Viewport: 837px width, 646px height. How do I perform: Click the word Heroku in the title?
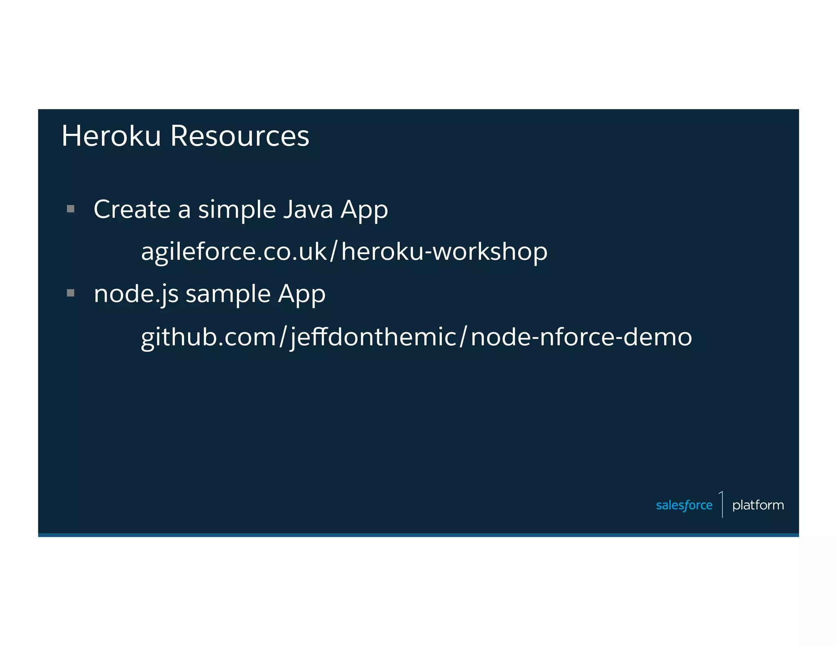111,136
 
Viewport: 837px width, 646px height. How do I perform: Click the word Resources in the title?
239,136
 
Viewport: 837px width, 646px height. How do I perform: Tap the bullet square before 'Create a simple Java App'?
71,209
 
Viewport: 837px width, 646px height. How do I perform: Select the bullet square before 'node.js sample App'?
71,293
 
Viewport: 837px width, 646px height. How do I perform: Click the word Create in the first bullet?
132,209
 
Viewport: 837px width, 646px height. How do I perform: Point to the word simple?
237,210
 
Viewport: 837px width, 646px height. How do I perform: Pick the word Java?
308,209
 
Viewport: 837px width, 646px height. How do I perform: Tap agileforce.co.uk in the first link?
234,252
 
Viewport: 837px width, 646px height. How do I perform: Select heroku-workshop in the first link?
444,252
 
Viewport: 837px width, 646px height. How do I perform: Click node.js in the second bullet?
136,294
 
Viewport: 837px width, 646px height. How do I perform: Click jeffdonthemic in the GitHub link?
373,338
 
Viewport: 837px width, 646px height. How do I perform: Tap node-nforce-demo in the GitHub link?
581,337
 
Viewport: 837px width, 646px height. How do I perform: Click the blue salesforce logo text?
684,506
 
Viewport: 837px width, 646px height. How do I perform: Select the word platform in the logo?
758,506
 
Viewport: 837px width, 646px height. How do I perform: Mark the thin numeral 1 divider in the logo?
722,504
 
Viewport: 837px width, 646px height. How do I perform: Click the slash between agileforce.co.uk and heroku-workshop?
333,251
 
